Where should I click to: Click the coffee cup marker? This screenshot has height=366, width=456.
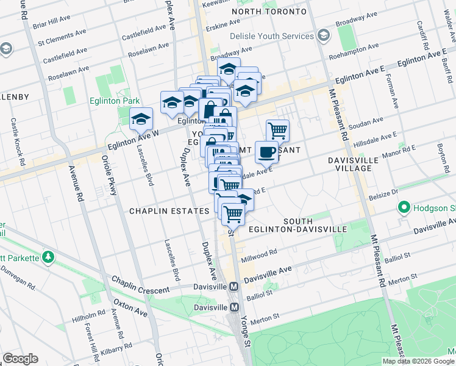click(266, 152)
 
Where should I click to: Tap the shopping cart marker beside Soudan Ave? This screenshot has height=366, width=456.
click(277, 130)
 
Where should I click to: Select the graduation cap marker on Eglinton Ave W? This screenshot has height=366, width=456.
click(141, 118)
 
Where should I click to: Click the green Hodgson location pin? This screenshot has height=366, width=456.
click(404, 208)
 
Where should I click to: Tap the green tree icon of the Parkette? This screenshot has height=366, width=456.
click(48, 257)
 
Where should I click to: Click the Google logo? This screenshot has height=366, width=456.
click(20, 359)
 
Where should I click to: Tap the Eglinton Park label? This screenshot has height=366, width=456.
click(113, 101)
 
